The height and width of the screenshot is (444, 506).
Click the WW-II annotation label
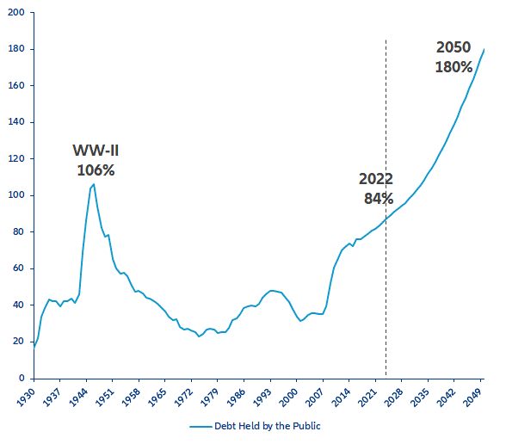[96, 151]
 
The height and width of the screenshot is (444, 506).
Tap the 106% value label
[96, 170]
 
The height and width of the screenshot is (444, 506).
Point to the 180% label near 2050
[454, 66]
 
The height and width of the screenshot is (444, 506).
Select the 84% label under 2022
[376, 198]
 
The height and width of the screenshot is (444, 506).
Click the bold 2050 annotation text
[454, 47]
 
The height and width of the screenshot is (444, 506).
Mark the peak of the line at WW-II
[94, 184]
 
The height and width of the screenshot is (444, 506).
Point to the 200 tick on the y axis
[18, 13]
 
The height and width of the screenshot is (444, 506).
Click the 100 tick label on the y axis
[18, 195]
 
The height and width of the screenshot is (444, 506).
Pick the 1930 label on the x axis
[27, 396]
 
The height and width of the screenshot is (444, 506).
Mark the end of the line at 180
[484, 49]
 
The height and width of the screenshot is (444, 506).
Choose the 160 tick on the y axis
[18, 86]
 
